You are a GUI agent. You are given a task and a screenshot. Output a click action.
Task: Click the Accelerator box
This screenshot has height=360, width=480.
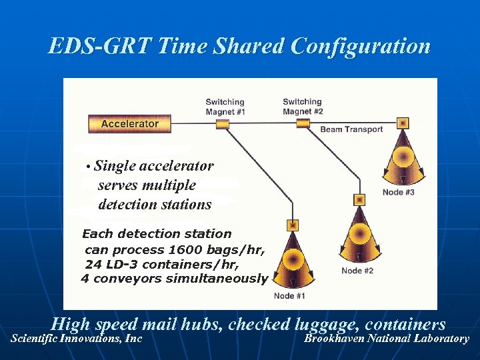129,123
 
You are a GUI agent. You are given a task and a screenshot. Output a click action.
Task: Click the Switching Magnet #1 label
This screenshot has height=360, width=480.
225,107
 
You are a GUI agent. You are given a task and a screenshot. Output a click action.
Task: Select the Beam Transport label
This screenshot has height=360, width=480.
351,129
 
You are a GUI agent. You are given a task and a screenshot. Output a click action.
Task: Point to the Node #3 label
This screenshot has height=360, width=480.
398,193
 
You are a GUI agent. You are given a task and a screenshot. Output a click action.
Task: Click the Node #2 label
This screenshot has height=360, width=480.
357,271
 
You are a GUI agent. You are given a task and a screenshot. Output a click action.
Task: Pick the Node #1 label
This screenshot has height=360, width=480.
289,296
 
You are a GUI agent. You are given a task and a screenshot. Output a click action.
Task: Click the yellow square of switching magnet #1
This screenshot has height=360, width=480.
223,124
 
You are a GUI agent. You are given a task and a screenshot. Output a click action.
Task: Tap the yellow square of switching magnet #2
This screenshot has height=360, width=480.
303,123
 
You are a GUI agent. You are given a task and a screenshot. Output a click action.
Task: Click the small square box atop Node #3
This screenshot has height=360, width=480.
402,123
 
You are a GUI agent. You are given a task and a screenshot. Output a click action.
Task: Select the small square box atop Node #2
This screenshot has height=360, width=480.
359,199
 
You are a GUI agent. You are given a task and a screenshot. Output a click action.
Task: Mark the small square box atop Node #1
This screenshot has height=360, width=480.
292,225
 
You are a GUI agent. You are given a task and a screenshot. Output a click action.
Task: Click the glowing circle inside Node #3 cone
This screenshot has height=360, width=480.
401,157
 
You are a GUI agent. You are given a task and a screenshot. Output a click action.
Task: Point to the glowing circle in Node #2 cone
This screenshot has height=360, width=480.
359,233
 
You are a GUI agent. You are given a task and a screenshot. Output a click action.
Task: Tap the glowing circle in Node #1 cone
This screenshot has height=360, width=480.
291,259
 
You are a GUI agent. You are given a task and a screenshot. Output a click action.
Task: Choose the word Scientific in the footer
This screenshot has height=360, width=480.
33,338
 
